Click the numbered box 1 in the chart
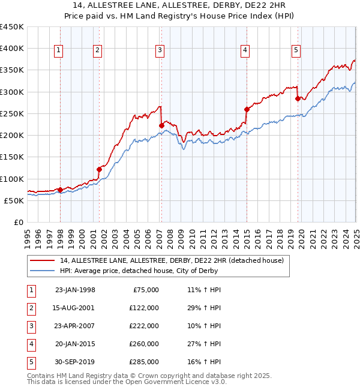(x=58, y=51)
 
